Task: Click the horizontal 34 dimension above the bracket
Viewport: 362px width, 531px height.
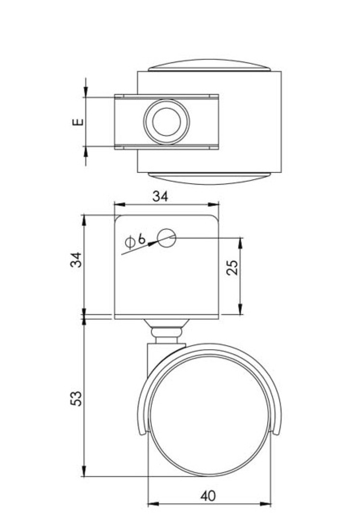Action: click(x=160, y=196)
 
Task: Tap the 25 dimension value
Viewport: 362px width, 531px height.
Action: click(x=233, y=267)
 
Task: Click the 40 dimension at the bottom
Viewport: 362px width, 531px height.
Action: click(x=208, y=496)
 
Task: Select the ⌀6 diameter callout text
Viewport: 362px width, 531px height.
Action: click(x=136, y=240)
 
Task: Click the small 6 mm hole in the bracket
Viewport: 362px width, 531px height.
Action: click(x=167, y=238)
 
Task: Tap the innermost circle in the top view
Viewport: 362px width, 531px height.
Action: click(x=167, y=122)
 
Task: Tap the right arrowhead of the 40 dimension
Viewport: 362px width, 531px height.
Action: click(x=266, y=504)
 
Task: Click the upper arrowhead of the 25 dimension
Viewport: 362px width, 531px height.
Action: click(x=240, y=243)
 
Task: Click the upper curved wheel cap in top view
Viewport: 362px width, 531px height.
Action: click(x=208, y=65)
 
